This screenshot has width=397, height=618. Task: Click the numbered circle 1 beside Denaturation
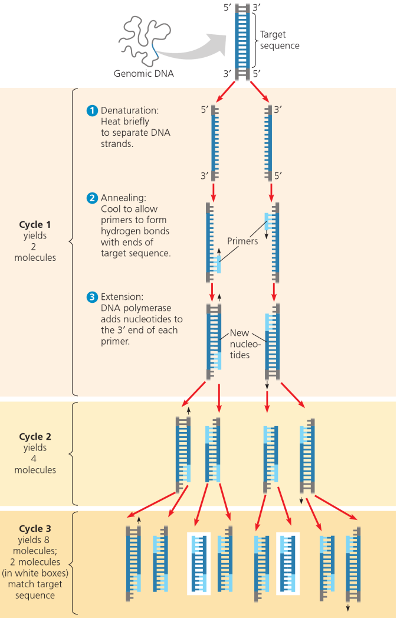[92, 110]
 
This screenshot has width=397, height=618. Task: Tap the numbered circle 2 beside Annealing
[92, 198]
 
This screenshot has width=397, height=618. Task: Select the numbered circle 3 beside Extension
[92, 297]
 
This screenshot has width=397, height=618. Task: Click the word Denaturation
[130, 110]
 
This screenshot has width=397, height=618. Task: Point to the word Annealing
[123, 198]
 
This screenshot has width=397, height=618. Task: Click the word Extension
[122, 297]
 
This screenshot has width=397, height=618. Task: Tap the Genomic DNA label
[143, 74]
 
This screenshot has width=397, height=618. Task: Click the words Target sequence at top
[280, 40]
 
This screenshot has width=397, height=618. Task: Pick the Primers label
[242, 241]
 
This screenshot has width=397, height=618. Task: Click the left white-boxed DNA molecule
[199, 563]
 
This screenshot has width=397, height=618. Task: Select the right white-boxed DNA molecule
[288, 563]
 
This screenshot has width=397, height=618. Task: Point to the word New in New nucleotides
[239, 333]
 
